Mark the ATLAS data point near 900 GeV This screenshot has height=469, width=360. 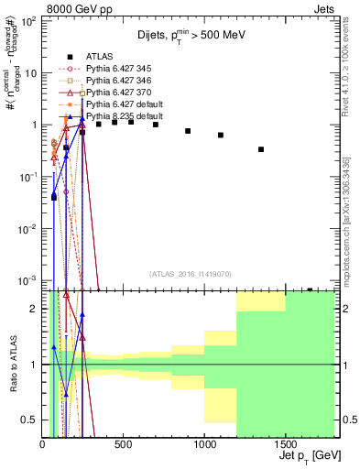click(x=188, y=131)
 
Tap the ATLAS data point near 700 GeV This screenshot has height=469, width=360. click(x=156, y=125)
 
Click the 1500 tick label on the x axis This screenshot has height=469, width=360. click(x=285, y=443)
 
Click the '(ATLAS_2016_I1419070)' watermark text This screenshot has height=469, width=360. click(x=189, y=274)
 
